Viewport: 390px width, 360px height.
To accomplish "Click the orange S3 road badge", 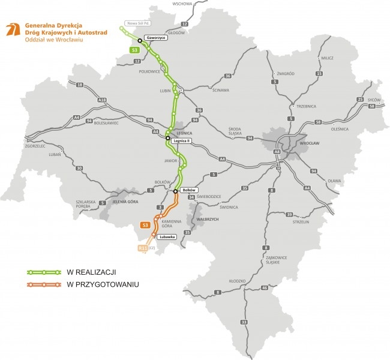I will (145, 226).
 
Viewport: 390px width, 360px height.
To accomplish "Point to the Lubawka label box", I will (167, 237).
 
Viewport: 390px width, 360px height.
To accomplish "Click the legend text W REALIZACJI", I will (92, 272).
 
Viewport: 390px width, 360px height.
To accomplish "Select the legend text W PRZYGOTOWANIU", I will (103, 284).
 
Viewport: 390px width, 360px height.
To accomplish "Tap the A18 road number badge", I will (102, 100).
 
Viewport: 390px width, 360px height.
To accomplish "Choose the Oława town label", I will (334, 181).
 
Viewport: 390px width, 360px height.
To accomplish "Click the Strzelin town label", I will (301, 221).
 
